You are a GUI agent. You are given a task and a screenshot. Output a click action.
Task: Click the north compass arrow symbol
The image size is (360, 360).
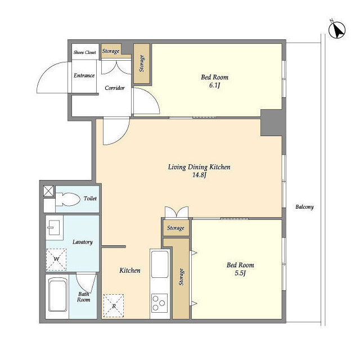tap(337, 30)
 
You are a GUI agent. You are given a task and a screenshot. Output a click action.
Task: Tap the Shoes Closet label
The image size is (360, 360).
tap(85, 52)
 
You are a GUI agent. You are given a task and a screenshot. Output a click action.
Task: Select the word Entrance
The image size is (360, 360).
tap(84, 75)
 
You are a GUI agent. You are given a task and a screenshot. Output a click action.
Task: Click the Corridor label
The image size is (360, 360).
tap(115, 88)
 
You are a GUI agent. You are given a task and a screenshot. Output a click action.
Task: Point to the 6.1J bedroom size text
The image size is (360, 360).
tap(215, 85)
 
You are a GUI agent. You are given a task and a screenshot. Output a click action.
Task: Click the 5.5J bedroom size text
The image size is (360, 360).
tap(240, 273)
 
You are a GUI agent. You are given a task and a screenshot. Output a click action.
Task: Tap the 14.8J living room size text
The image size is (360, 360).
tap(199, 175)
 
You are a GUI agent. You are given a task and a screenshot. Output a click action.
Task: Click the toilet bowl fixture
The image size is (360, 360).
tap(67, 199)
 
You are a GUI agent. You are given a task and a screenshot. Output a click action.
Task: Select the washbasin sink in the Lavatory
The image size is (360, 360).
tap(54, 227)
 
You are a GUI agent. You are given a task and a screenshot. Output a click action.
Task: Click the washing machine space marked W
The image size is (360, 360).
tap(56, 259)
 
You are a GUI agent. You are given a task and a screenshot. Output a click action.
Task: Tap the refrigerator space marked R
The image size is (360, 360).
tap(114, 306)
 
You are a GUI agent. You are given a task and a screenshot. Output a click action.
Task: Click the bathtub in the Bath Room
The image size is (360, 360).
tap(58, 294)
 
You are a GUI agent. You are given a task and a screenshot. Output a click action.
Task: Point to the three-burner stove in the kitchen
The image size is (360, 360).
tap(159, 303)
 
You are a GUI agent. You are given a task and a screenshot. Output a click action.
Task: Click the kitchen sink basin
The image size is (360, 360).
tap(160, 264)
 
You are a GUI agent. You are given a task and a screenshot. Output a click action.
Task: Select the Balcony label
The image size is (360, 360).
tap(304, 207)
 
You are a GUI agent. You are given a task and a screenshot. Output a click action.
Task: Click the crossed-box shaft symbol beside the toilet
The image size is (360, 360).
tap(49, 191)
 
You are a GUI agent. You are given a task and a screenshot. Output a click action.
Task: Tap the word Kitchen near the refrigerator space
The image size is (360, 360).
tap(130, 271)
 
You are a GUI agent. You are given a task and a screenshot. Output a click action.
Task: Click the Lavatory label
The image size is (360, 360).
tap(83, 242)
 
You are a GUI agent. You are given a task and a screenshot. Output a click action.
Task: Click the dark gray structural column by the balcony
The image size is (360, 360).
tap(273, 123)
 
